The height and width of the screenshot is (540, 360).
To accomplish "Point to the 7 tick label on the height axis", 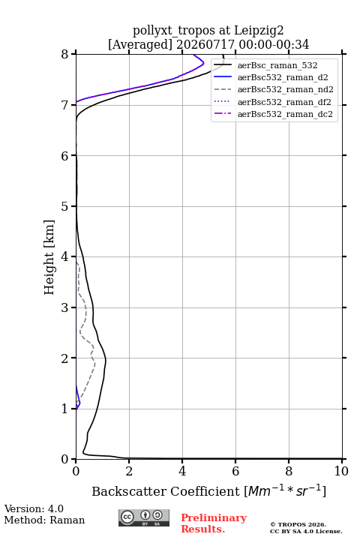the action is point(65,105).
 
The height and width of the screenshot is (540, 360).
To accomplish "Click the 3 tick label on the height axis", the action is point(65,307).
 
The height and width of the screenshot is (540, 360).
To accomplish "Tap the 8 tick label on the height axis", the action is point(65,55).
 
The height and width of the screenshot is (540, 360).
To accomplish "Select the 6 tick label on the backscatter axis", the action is point(235,471).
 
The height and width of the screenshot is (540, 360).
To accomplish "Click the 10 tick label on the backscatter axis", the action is point(341,471).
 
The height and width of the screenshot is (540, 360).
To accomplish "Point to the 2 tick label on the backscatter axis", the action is point(129,471).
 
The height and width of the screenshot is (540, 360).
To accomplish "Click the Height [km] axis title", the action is point(49,257).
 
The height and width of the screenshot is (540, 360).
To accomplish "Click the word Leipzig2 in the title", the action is point(259,31).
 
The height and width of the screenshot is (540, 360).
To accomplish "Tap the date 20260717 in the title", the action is point(205,45).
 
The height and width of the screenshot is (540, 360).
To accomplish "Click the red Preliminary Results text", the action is point(214,523).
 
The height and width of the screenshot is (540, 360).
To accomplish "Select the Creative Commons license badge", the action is point(144,517).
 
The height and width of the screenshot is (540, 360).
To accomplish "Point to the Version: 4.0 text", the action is point(34,509).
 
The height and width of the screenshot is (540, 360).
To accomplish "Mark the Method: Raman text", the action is point(44,520).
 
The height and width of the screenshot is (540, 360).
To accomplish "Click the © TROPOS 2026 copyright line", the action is point(298,524).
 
